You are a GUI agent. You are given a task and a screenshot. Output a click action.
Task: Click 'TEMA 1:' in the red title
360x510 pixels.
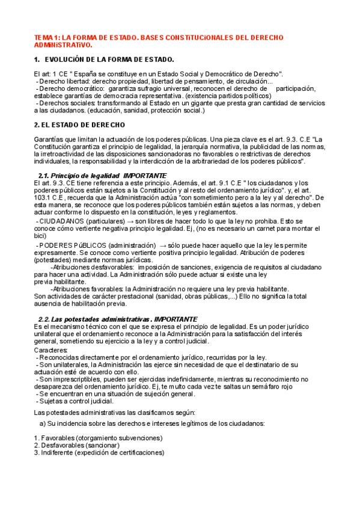pyautogui.click(x=46, y=37)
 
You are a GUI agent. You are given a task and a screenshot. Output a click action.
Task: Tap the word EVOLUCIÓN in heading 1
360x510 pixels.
pyautogui.click(x=67, y=60)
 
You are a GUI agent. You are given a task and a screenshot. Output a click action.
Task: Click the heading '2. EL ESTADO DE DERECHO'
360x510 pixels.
pyautogui.click(x=79, y=124)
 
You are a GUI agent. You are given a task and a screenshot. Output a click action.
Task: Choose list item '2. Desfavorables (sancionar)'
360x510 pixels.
pyautogui.click(x=76, y=446)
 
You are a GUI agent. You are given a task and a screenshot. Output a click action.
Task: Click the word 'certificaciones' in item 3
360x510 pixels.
pyautogui.click(x=138, y=453)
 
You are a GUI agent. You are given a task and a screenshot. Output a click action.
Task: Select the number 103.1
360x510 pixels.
pyautogui.click(x=44, y=190)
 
